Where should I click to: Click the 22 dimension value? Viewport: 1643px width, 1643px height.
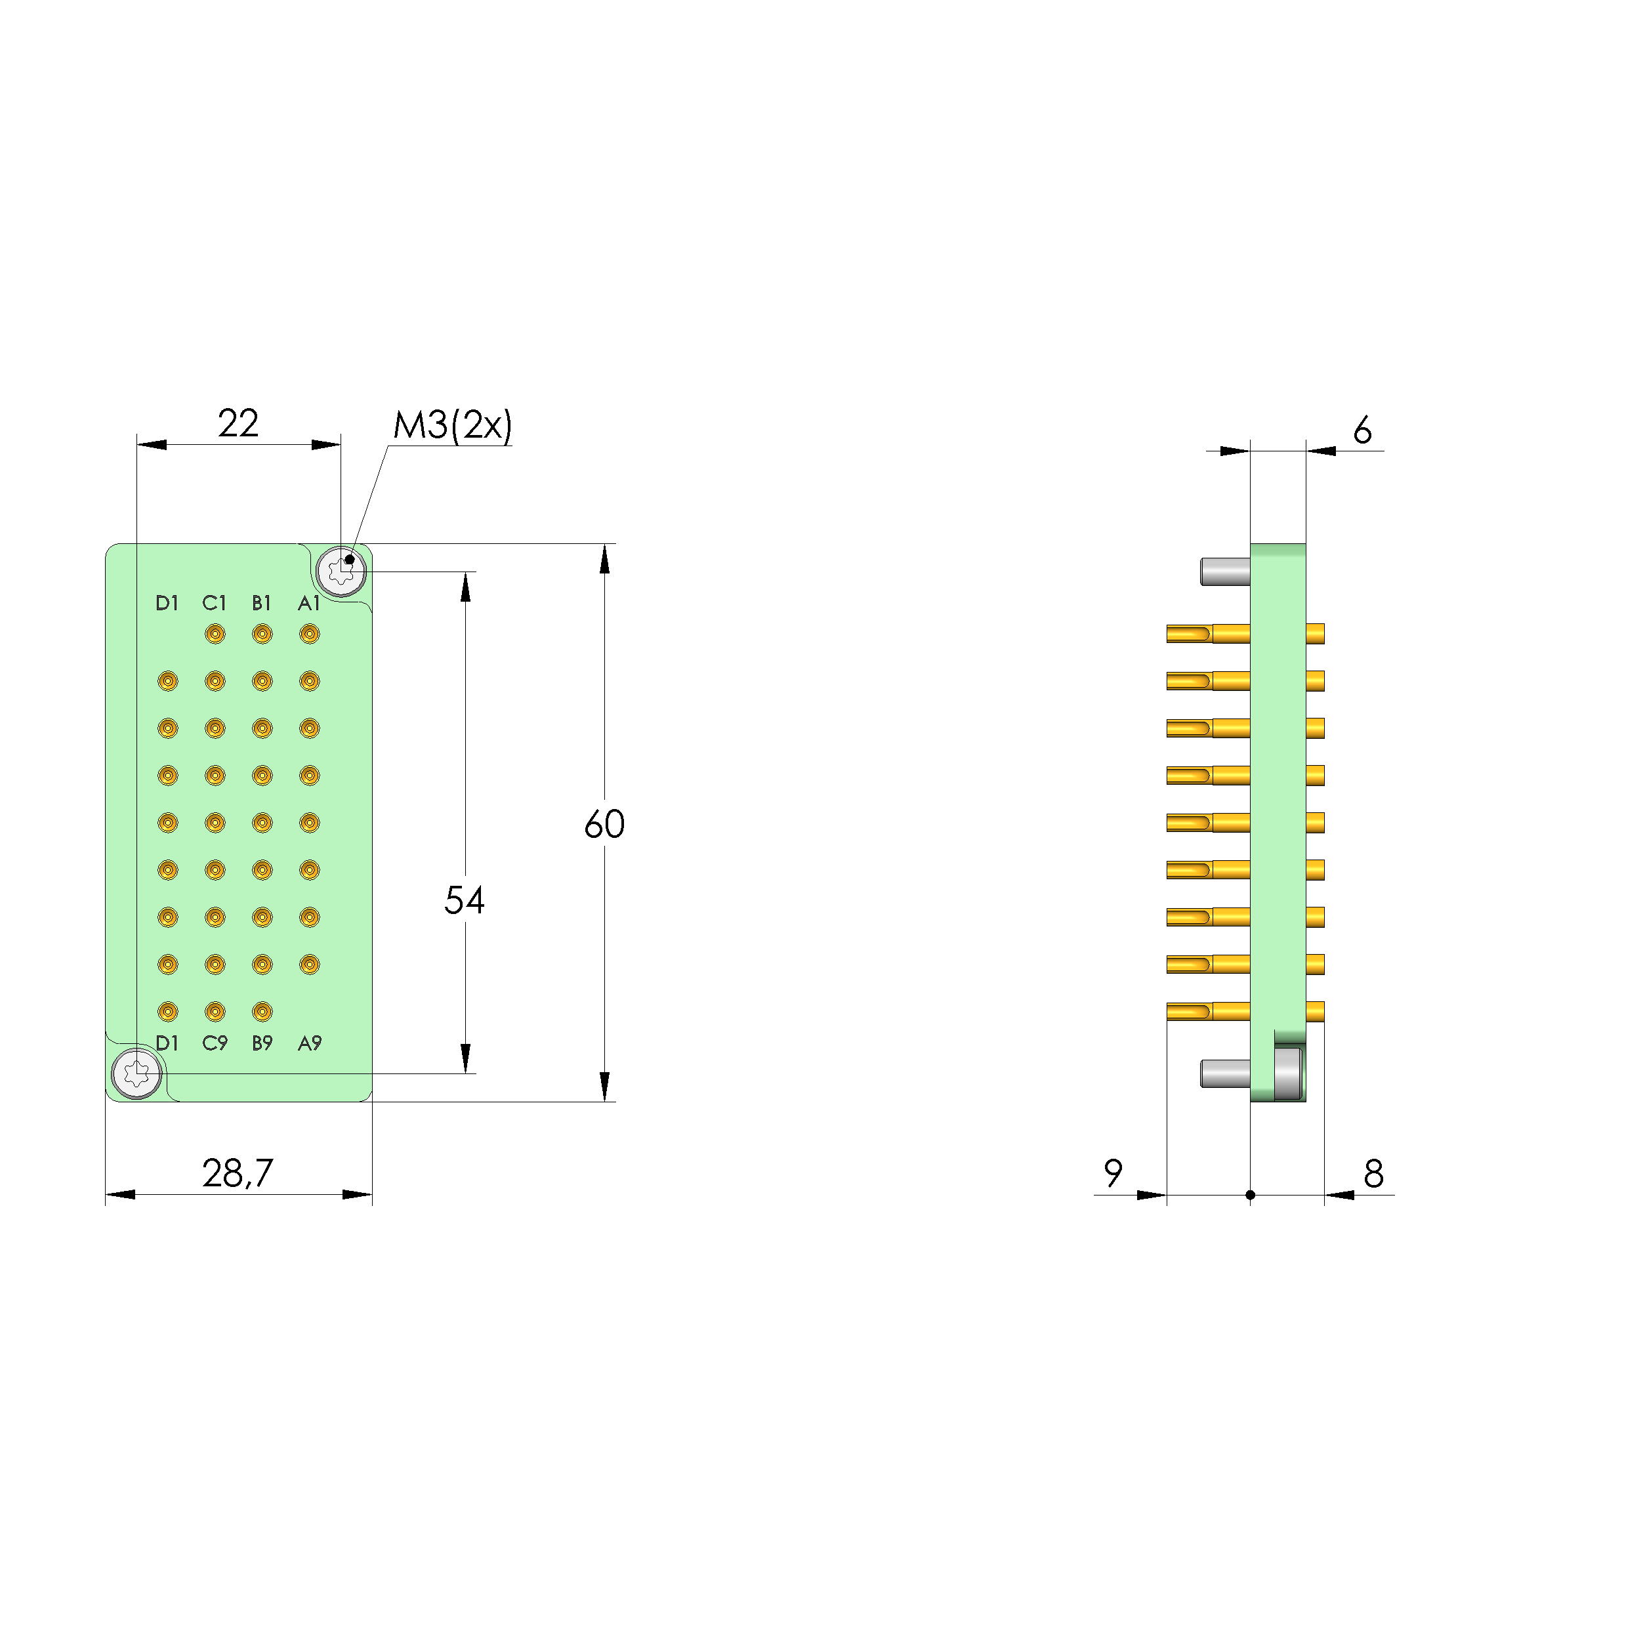238,423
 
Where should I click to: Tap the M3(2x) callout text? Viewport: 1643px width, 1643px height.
453,425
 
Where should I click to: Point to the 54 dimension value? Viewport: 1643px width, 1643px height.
465,900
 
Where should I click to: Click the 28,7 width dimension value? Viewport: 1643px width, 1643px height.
238,1174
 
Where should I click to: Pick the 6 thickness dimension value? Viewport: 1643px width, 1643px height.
1362,430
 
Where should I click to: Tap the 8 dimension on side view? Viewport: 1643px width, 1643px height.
1373,1174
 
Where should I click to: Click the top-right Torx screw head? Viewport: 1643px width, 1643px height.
341,572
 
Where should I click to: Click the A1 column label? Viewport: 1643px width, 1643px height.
308,603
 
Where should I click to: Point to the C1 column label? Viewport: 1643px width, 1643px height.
215,603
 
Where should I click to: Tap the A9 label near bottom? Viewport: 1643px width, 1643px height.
310,1043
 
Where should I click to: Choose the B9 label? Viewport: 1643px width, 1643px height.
262,1043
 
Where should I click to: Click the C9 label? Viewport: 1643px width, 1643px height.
215,1043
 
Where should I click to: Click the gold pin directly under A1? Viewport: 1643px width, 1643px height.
310,634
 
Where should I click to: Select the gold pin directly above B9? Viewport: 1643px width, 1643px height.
262,1011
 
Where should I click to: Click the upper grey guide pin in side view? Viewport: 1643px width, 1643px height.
1224,572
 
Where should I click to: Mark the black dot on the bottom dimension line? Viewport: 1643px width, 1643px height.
1250,1195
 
